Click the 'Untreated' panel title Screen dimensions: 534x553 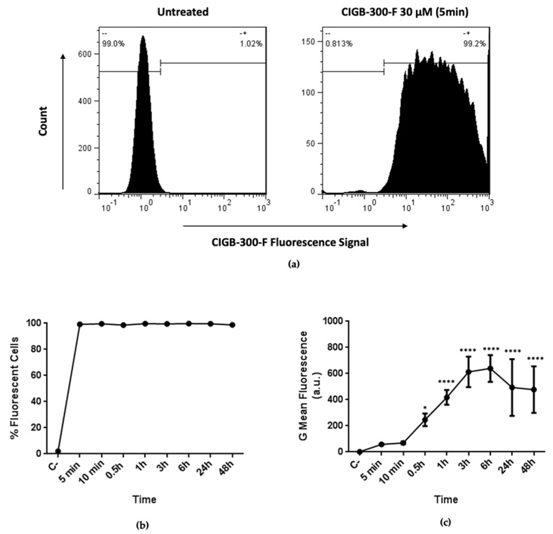pyautogui.click(x=183, y=12)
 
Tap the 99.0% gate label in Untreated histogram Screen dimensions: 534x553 pyautogui.click(x=113, y=44)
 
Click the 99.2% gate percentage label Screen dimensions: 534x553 pyautogui.click(x=474, y=44)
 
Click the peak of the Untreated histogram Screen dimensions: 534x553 pyautogui.click(x=143, y=36)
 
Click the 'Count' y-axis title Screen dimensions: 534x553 pyautogui.click(x=43, y=121)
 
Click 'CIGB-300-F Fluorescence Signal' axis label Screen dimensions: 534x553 pyautogui.click(x=290, y=242)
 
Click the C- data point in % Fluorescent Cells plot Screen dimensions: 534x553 pyautogui.click(x=58, y=451)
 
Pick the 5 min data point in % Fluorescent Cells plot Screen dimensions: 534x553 pyautogui.click(x=80, y=324)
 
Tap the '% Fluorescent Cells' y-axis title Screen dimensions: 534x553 pyautogui.click(x=15, y=388)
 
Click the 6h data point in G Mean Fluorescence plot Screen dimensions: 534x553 pyautogui.click(x=490, y=368)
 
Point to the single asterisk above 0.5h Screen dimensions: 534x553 pyautogui.click(x=425, y=408)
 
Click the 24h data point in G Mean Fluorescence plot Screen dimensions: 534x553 pyautogui.click(x=512, y=387)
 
